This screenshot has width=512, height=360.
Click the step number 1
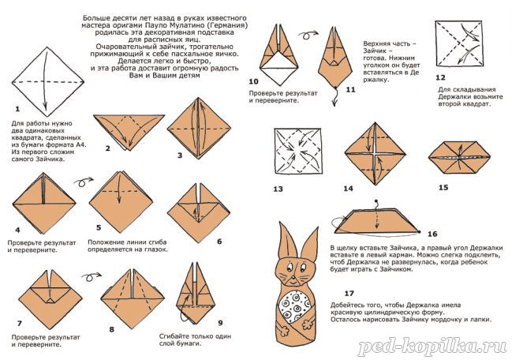click(17, 109)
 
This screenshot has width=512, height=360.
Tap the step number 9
click(220, 323)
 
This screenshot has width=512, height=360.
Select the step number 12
click(440, 77)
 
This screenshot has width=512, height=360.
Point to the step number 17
click(349, 294)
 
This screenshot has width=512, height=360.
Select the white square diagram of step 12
click(459, 43)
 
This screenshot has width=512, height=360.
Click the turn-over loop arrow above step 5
click(84, 182)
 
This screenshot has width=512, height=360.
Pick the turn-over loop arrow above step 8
click(91, 277)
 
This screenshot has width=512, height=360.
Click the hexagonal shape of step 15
click(459, 157)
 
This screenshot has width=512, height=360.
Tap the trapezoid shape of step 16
click(376, 222)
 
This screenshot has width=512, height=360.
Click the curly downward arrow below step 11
click(334, 96)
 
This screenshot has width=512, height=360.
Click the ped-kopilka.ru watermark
click(432, 347)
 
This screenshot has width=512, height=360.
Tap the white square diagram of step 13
click(297, 151)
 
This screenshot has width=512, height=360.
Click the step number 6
click(219, 242)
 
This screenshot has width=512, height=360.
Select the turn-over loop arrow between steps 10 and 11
click(307, 35)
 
